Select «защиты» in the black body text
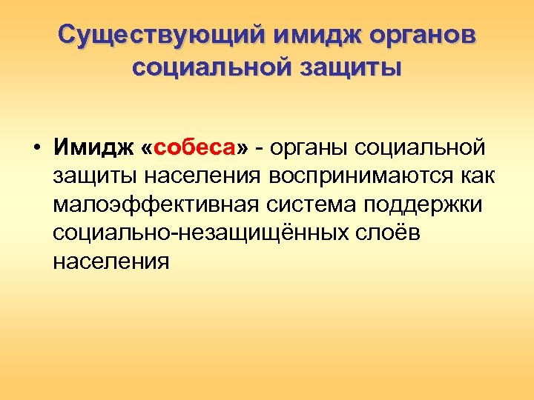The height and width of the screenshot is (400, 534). pyautogui.click(x=96, y=176)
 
